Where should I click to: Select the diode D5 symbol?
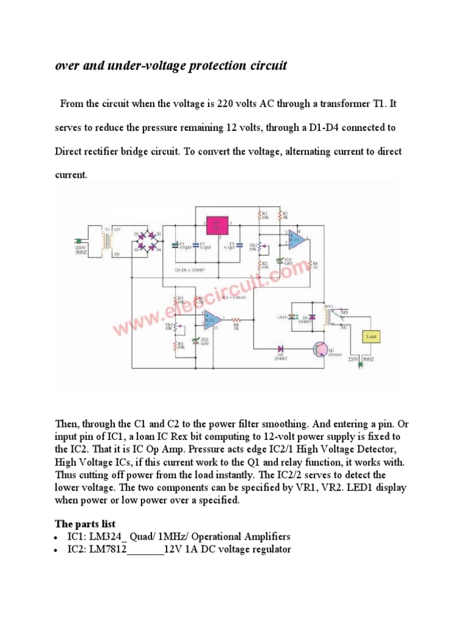[x=280, y=349]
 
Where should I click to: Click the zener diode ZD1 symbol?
[x=279, y=260]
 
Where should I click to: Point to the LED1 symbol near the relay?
[x=292, y=317]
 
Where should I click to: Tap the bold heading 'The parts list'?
[x=85, y=524]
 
